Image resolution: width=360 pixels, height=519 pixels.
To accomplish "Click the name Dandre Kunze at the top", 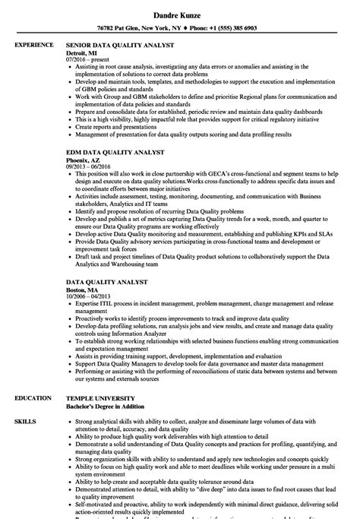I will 179,13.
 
